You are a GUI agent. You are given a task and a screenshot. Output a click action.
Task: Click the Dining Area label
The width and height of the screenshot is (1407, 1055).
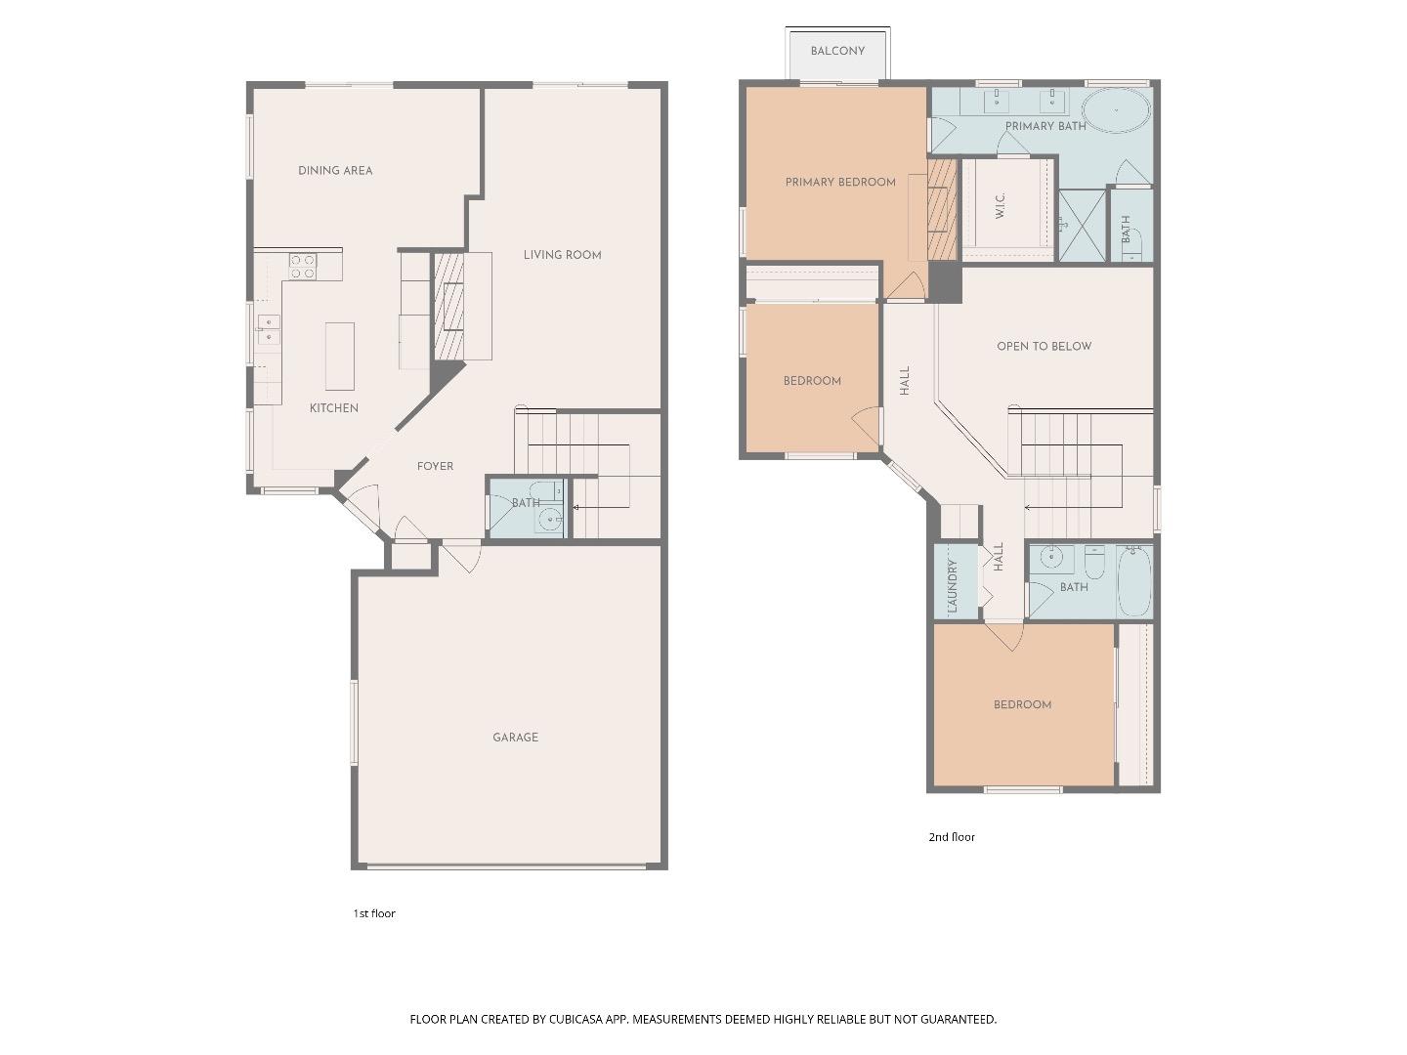[335, 170]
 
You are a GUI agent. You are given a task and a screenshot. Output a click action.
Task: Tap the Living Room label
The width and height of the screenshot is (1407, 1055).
[562, 255]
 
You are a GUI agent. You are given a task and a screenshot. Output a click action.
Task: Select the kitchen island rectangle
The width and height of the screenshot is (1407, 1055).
[339, 356]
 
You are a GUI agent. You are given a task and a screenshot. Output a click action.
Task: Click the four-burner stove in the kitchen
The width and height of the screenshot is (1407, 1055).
[303, 266]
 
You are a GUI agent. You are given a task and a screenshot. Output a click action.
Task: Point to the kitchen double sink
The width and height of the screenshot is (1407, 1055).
[268, 329]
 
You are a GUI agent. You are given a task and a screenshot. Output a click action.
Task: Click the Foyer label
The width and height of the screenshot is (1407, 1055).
[435, 466]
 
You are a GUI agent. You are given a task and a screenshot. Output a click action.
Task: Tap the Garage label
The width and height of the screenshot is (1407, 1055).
[515, 738]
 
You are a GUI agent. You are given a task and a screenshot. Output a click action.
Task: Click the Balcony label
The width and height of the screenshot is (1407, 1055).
[837, 51]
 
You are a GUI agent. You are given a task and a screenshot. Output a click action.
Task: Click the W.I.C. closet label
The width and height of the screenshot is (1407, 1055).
[1001, 205]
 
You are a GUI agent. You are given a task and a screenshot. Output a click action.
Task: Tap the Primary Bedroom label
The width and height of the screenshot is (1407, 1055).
[840, 182]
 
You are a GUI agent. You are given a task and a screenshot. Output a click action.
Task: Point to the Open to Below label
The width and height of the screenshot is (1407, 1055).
[1044, 346]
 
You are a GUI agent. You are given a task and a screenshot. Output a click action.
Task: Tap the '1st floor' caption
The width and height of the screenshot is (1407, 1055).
[374, 913]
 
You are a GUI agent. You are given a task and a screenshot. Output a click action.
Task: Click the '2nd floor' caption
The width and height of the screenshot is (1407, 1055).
[951, 837]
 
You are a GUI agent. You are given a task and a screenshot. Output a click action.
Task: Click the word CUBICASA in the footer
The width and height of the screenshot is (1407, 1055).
[578, 1019]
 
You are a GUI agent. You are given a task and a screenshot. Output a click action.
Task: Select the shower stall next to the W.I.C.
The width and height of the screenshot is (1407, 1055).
[1083, 225]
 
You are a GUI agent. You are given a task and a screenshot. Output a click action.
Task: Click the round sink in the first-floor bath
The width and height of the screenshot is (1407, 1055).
[550, 520]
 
